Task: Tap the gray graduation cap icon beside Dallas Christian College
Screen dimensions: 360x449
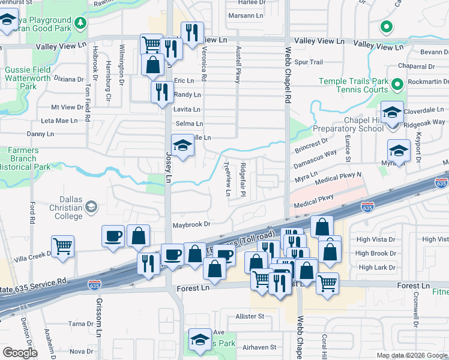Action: tap(91, 207)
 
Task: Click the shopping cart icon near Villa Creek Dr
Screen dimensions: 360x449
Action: tap(62, 247)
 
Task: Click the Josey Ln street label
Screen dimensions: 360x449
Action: tap(169, 163)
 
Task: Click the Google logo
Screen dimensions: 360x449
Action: tap(20, 353)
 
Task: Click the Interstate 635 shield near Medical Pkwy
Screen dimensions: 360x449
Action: tap(367, 206)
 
